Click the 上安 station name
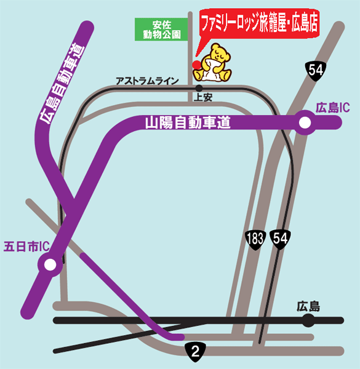click(203, 97)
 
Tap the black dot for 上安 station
click(199, 89)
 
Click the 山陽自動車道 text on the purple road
click(187, 122)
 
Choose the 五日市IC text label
click(26, 247)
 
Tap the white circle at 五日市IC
click(49, 265)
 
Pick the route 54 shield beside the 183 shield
click(279, 239)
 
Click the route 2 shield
click(195, 352)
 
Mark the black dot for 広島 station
click(308, 320)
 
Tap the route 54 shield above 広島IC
click(316, 70)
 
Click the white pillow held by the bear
click(210, 68)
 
